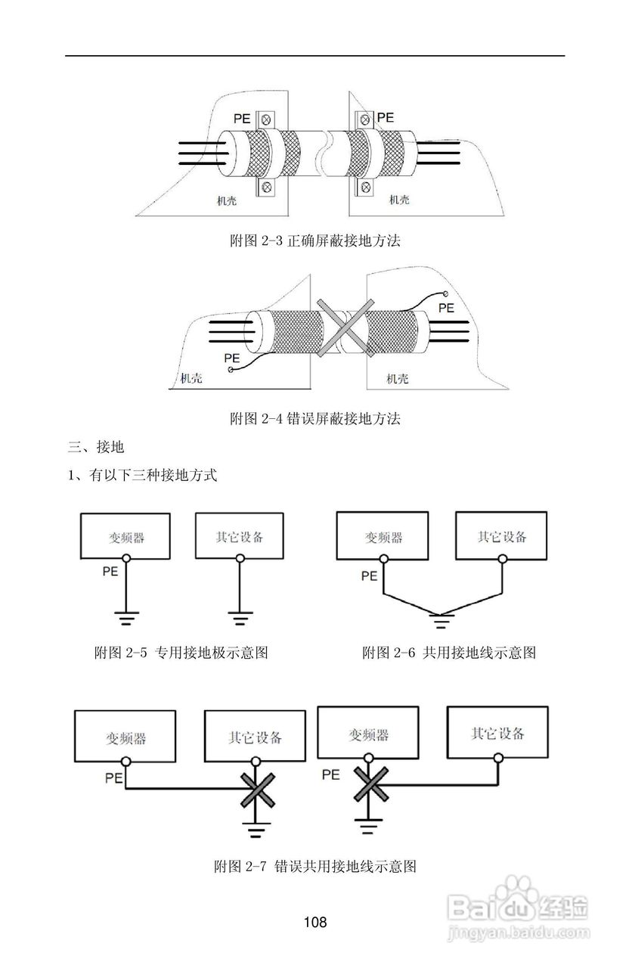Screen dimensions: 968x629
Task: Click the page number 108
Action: point(314,922)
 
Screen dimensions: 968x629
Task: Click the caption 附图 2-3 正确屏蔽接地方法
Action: point(314,242)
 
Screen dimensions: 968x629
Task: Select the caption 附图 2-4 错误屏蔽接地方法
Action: point(314,418)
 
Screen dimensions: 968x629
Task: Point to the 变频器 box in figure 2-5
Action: point(125,536)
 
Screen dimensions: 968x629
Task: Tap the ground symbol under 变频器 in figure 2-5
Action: point(126,619)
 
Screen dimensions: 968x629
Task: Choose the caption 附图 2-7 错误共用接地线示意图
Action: point(315,866)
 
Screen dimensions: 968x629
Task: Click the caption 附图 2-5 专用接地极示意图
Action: point(181,653)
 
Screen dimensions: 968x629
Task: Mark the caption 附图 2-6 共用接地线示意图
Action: point(448,653)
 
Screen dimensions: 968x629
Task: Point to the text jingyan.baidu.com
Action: point(519,935)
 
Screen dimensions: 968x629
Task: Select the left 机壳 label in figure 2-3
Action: point(224,200)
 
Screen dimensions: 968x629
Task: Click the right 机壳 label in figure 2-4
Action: point(397,378)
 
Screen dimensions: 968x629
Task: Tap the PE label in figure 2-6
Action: point(369,576)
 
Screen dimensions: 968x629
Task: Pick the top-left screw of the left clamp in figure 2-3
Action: point(266,119)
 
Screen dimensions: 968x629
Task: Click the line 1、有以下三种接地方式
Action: point(143,476)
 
